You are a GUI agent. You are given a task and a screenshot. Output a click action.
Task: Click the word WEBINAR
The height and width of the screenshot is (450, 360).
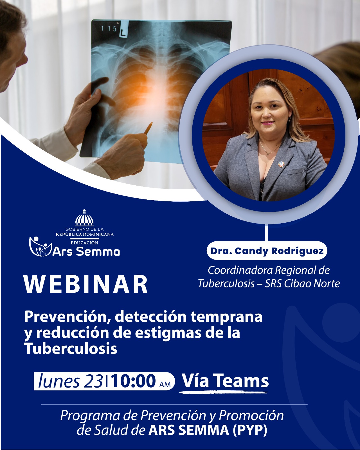coord(86,284)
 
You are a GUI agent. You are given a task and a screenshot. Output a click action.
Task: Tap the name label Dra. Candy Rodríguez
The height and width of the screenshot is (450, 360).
coord(267,251)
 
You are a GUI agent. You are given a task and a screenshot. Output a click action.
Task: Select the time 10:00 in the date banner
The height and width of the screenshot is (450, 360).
coord(134,381)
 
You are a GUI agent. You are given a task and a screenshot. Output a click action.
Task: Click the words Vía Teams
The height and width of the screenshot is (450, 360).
coord(225,381)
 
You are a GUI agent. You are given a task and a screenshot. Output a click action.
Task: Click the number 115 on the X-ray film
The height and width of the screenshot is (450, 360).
coord(109,29)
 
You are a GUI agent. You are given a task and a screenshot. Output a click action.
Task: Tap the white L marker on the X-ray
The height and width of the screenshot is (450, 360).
coord(124,31)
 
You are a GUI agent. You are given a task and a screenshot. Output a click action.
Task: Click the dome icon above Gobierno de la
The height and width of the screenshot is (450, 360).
coord(84,218)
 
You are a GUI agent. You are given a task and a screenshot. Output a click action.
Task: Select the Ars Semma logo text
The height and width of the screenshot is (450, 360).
coord(86,251)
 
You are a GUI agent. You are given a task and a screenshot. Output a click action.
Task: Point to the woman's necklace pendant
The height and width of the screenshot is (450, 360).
coord(267,155)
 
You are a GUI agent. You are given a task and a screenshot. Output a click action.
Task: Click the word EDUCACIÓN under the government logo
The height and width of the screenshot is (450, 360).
coord(84,243)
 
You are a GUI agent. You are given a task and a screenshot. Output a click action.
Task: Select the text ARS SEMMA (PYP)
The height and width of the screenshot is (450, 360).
coord(208,430)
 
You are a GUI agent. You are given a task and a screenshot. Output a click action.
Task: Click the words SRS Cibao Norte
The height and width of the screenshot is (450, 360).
coord(302,283)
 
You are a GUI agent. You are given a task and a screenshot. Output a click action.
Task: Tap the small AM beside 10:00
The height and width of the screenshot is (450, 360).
coord(165,384)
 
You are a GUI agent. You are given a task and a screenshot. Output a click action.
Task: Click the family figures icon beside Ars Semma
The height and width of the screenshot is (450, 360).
coord(40,246)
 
